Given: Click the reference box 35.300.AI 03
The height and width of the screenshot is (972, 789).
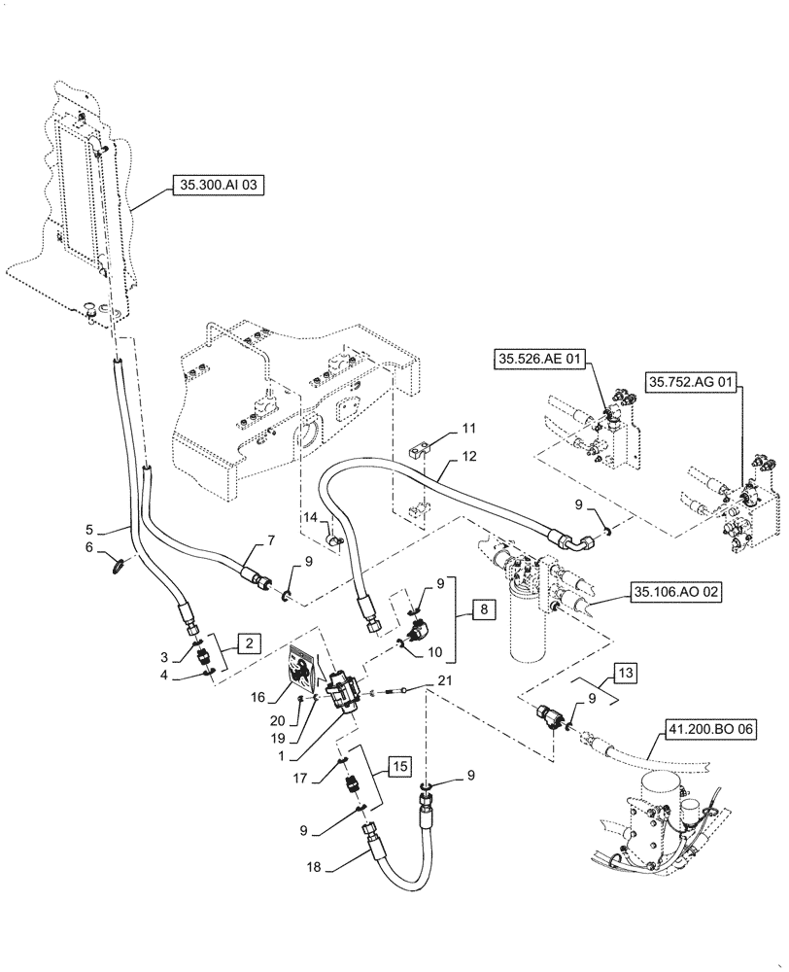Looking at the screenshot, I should point(219,183).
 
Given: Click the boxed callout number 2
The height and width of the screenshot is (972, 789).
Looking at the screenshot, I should point(250,642).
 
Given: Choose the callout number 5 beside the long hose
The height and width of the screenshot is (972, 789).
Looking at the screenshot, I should point(116,531).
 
